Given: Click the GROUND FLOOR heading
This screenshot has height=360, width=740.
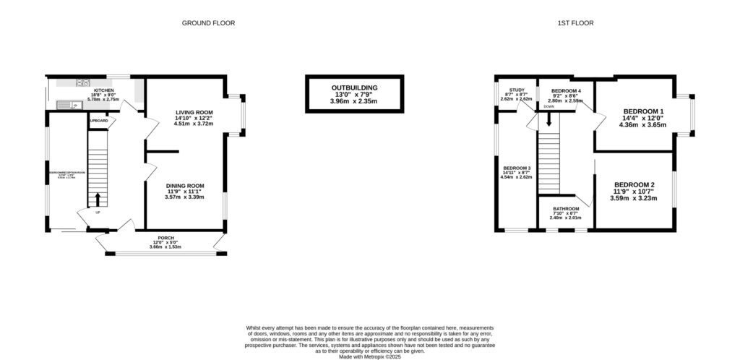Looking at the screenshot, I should click(208, 23).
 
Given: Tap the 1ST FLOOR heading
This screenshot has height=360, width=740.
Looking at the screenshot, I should click(575, 23).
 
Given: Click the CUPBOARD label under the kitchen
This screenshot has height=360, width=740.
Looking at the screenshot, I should click(98, 119).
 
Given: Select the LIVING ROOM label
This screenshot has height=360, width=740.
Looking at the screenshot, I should click(194, 112).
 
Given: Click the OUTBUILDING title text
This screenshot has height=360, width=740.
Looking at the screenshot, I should click(354, 87).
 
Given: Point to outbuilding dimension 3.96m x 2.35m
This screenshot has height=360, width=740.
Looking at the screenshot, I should click(354, 101).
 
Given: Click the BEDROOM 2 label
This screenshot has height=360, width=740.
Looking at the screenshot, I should click(633, 185).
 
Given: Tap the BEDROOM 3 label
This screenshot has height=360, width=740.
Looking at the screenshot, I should click(517, 168).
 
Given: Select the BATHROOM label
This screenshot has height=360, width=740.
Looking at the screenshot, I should click(567, 209).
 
